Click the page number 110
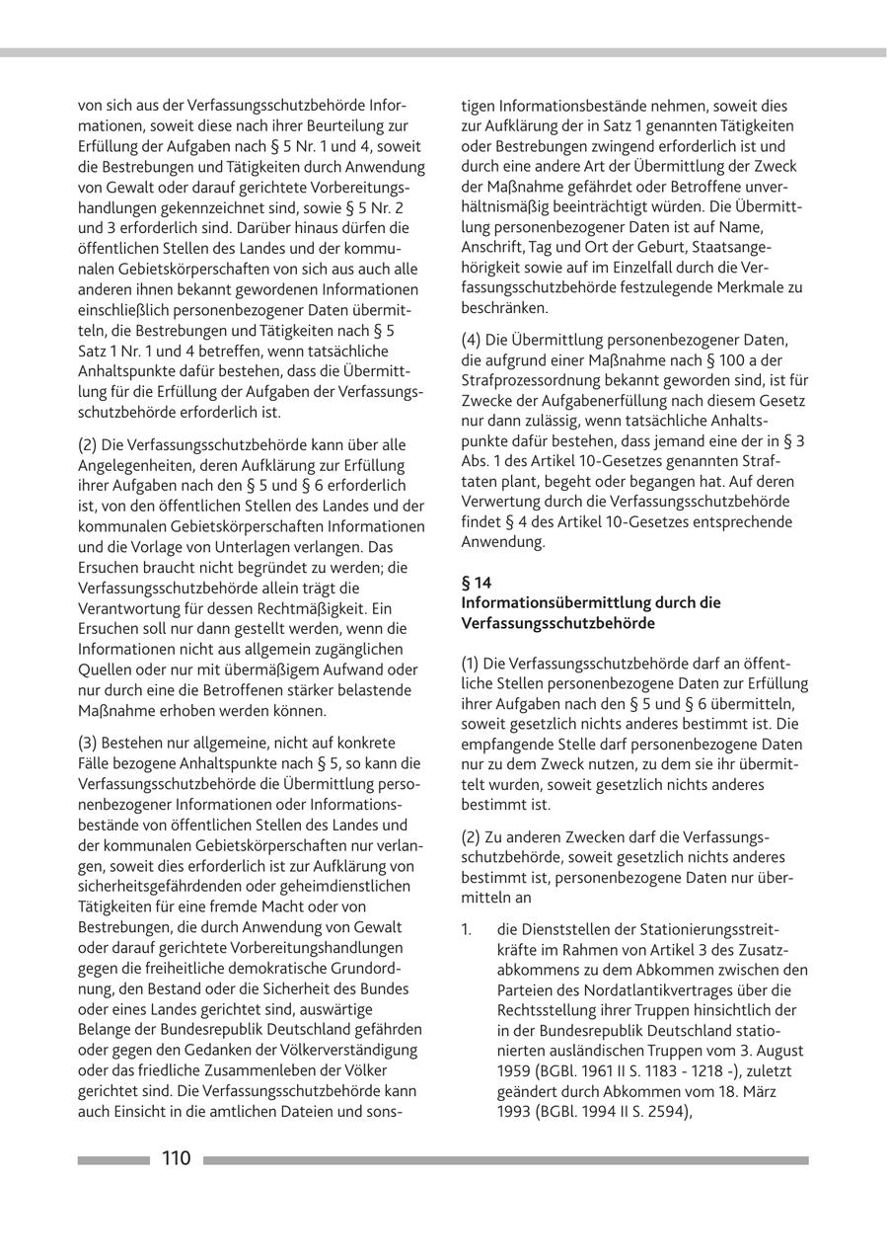(x=177, y=1159)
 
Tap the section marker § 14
(x=477, y=583)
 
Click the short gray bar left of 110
(x=113, y=1160)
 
